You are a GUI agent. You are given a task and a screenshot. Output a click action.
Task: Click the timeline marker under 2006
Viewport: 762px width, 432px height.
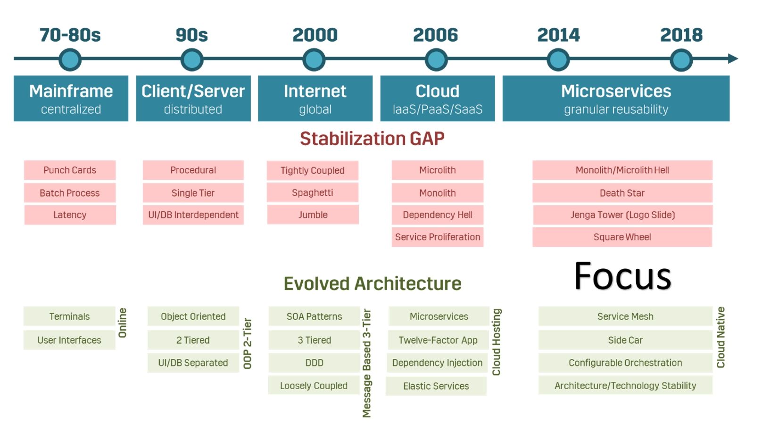[436, 60]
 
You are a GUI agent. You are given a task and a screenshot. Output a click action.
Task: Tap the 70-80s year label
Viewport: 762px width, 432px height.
[70, 35]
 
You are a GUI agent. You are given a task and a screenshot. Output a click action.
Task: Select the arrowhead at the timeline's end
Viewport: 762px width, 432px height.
[732, 59]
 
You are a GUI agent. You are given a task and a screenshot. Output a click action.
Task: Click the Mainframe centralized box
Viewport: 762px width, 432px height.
[71, 99]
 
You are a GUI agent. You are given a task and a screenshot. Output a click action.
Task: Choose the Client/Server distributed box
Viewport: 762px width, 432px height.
[193, 99]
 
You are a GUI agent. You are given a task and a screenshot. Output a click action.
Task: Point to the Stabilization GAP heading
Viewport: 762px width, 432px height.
[372, 139]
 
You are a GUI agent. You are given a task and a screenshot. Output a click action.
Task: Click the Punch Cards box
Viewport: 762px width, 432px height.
[70, 170]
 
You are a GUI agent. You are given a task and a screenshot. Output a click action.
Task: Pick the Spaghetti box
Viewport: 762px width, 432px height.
[313, 193]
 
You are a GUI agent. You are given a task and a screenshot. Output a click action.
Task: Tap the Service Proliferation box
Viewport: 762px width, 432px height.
[438, 237]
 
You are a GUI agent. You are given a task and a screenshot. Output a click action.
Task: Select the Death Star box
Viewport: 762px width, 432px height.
[622, 193]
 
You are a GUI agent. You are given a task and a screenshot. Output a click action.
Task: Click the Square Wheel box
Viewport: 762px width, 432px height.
[622, 237]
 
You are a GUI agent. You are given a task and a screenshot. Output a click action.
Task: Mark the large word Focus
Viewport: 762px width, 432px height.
[622, 276]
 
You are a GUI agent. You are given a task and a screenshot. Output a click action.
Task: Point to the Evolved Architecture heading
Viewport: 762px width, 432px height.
[372, 283]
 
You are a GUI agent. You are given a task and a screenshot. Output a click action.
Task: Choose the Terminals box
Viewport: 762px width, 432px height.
[69, 316]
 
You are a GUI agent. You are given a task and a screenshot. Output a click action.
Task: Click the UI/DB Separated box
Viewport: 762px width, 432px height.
[193, 363]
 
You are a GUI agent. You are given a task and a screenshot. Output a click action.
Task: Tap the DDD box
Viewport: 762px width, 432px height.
[314, 363]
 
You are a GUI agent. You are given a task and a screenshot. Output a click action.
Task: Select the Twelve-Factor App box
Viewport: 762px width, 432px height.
[438, 340]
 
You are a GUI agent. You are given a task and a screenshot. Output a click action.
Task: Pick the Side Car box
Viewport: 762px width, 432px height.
[625, 340]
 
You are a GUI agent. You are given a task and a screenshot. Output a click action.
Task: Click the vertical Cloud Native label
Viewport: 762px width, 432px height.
[721, 337]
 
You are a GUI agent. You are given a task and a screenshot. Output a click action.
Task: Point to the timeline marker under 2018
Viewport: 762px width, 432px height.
[681, 60]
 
